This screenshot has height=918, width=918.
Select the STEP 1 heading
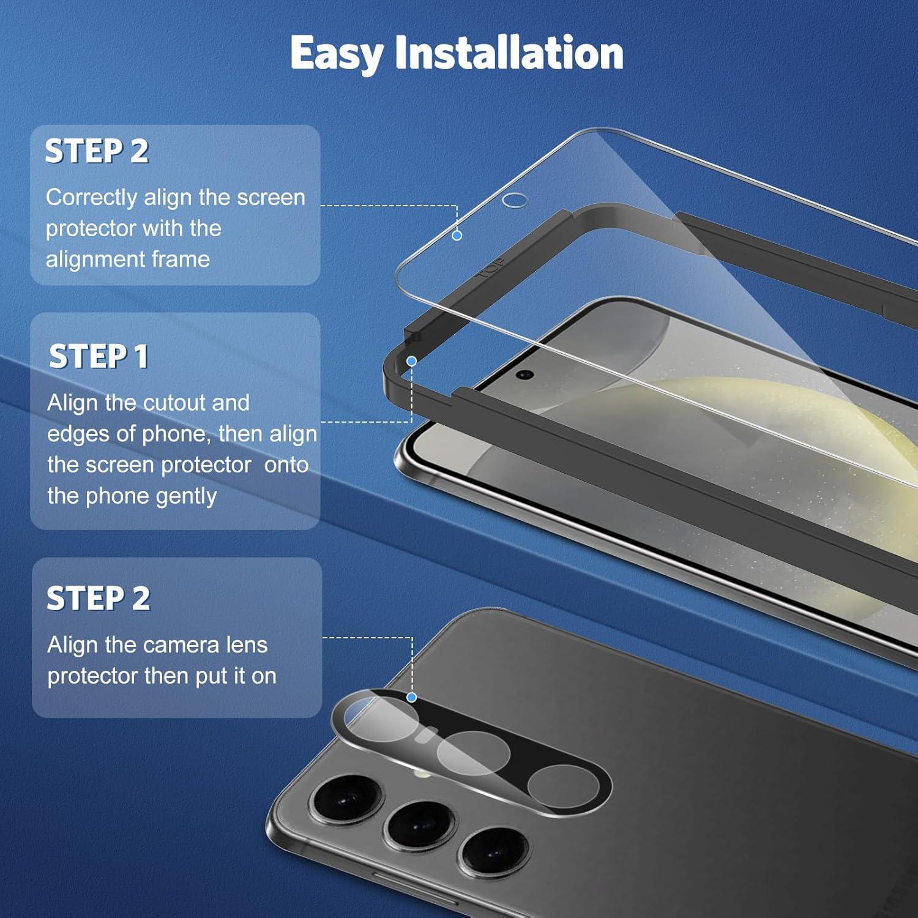pos(99,356)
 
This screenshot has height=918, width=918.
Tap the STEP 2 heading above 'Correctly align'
pos(97,151)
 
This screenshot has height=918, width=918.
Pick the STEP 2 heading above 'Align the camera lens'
pos(99,598)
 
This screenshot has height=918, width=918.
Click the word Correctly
pos(92,198)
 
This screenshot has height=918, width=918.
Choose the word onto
pos(286,465)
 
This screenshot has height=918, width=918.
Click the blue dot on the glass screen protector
pos(457,235)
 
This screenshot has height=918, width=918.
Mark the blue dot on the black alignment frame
pos(412,361)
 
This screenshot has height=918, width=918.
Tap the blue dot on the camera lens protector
pos(412,697)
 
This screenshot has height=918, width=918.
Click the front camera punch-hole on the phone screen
pos(524,375)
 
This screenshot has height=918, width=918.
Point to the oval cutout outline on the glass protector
pos(514,200)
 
